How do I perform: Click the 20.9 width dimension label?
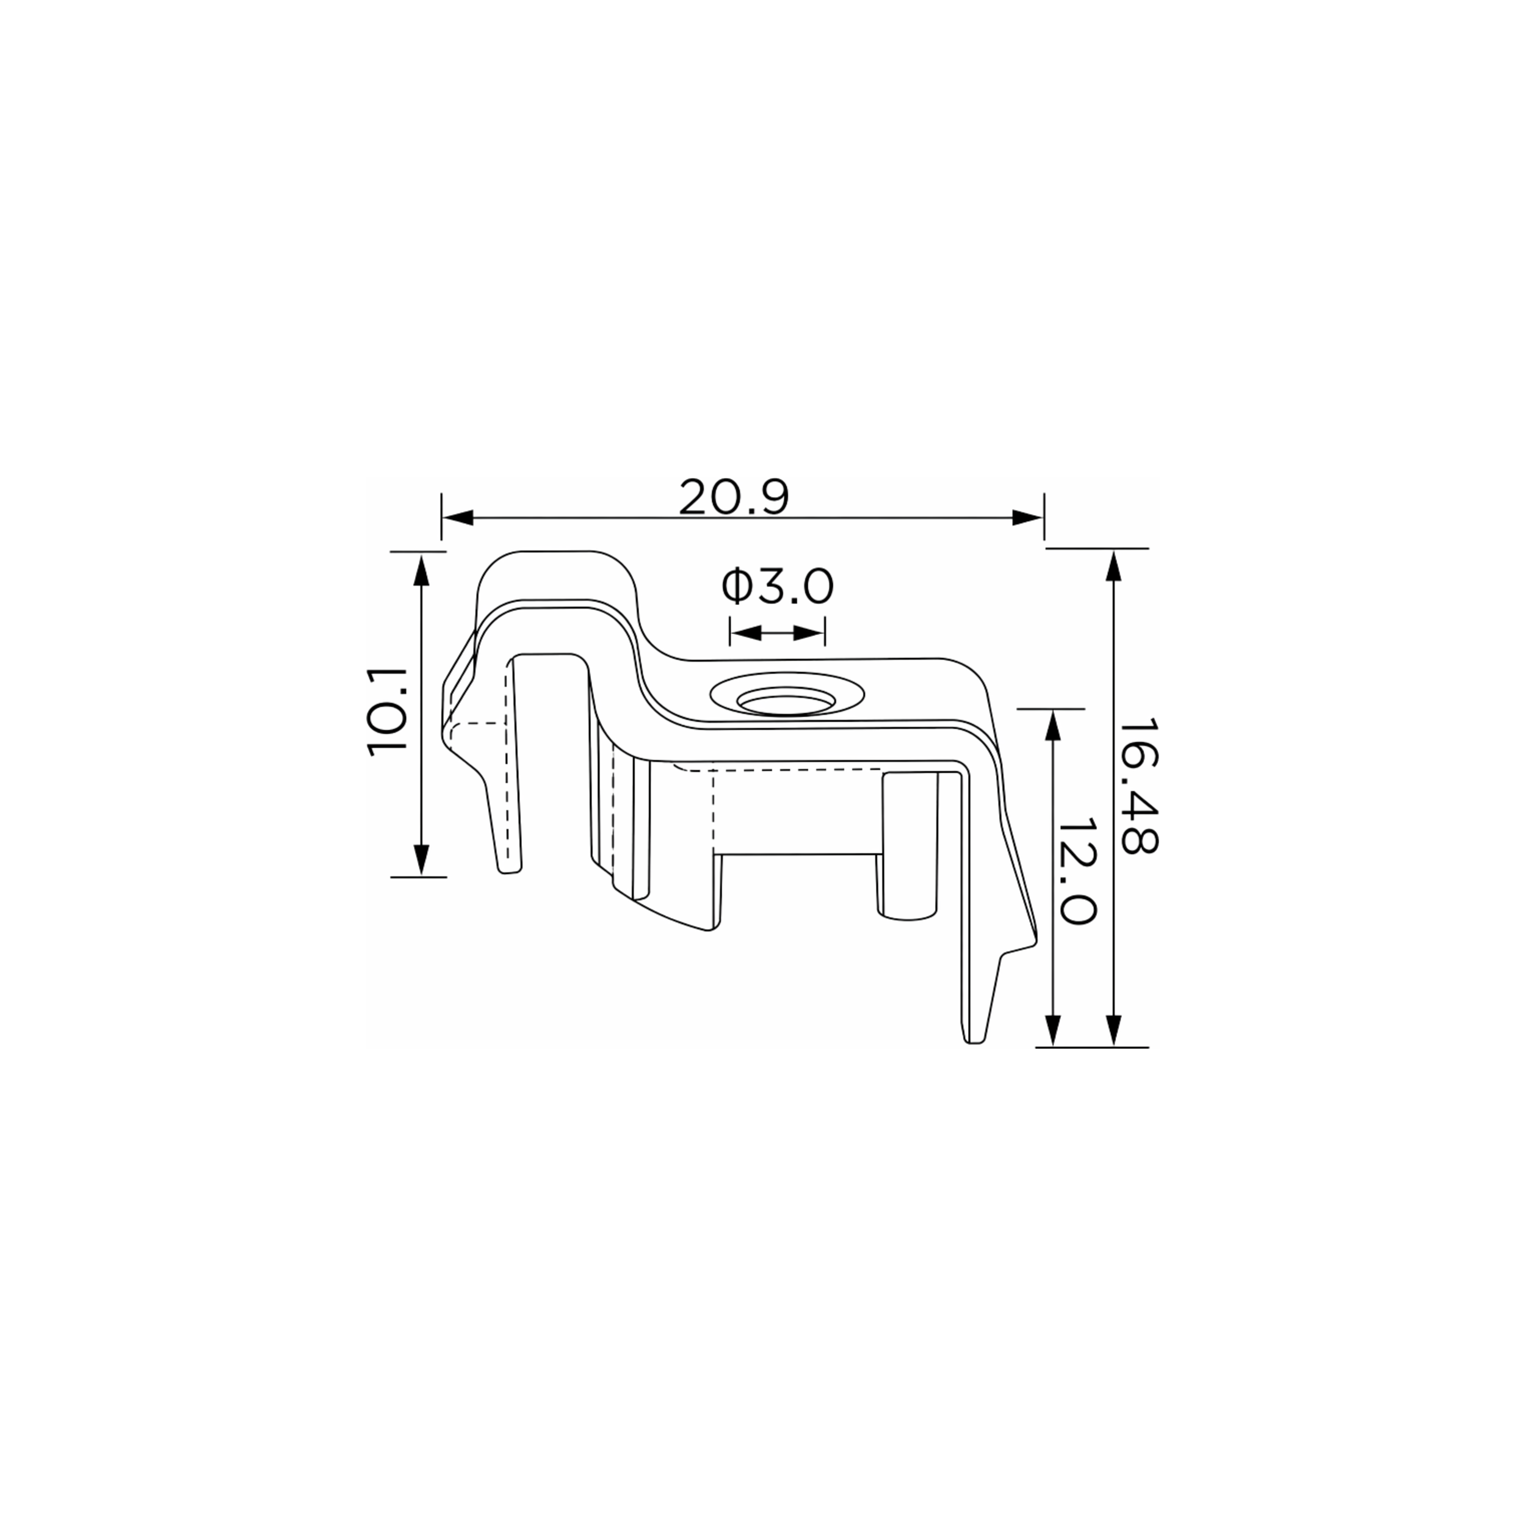[x=734, y=497]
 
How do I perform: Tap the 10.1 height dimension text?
[x=387, y=713]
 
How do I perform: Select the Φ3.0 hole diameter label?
[x=777, y=587]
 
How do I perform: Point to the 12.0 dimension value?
[x=1076, y=870]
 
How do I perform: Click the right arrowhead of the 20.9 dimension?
[x=1027, y=518]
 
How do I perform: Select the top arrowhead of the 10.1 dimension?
[x=421, y=569]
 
